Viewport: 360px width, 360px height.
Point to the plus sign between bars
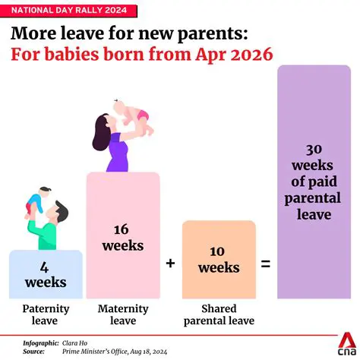point(170,263)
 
